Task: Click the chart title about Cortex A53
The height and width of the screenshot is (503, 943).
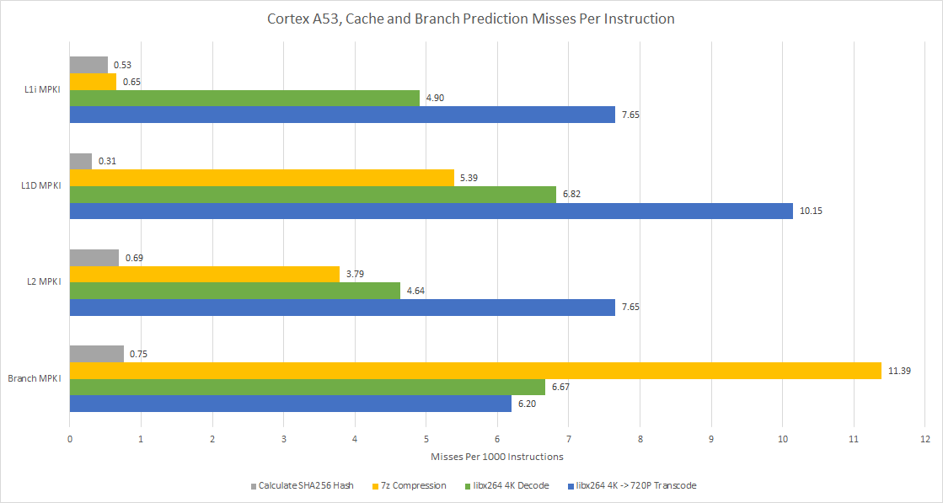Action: (x=471, y=19)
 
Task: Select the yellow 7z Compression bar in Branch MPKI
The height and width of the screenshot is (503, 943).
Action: (x=475, y=371)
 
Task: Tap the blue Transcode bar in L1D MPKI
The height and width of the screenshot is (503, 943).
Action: (x=431, y=211)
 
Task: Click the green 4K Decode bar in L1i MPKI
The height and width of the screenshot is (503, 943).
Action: (x=244, y=98)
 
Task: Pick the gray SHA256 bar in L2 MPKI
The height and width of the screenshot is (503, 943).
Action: (x=94, y=258)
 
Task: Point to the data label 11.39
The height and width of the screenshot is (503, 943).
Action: (x=901, y=371)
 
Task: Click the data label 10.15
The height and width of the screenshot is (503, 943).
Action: (x=811, y=211)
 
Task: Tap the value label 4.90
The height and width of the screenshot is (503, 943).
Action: (x=436, y=98)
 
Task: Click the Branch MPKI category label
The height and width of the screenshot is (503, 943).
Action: (x=35, y=378)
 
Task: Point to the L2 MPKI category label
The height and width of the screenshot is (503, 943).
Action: (x=44, y=282)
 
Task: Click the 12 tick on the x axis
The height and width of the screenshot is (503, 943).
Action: (x=924, y=439)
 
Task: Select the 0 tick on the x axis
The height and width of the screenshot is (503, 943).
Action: (x=70, y=439)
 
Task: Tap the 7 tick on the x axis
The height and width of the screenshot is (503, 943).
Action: (x=569, y=439)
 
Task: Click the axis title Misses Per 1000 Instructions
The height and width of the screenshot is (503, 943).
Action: (x=496, y=457)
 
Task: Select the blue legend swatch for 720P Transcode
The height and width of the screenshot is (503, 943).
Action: (x=571, y=486)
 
